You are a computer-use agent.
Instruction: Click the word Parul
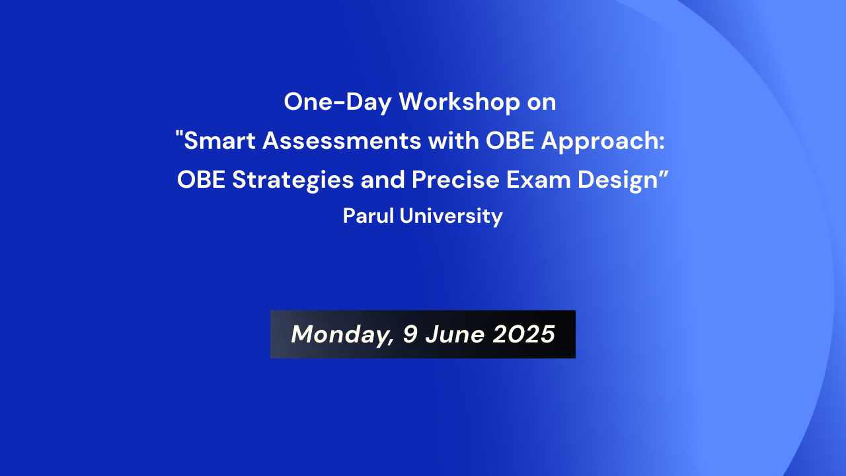(368, 216)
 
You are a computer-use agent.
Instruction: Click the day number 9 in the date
(410, 335)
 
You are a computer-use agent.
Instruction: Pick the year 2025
(524, 335)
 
